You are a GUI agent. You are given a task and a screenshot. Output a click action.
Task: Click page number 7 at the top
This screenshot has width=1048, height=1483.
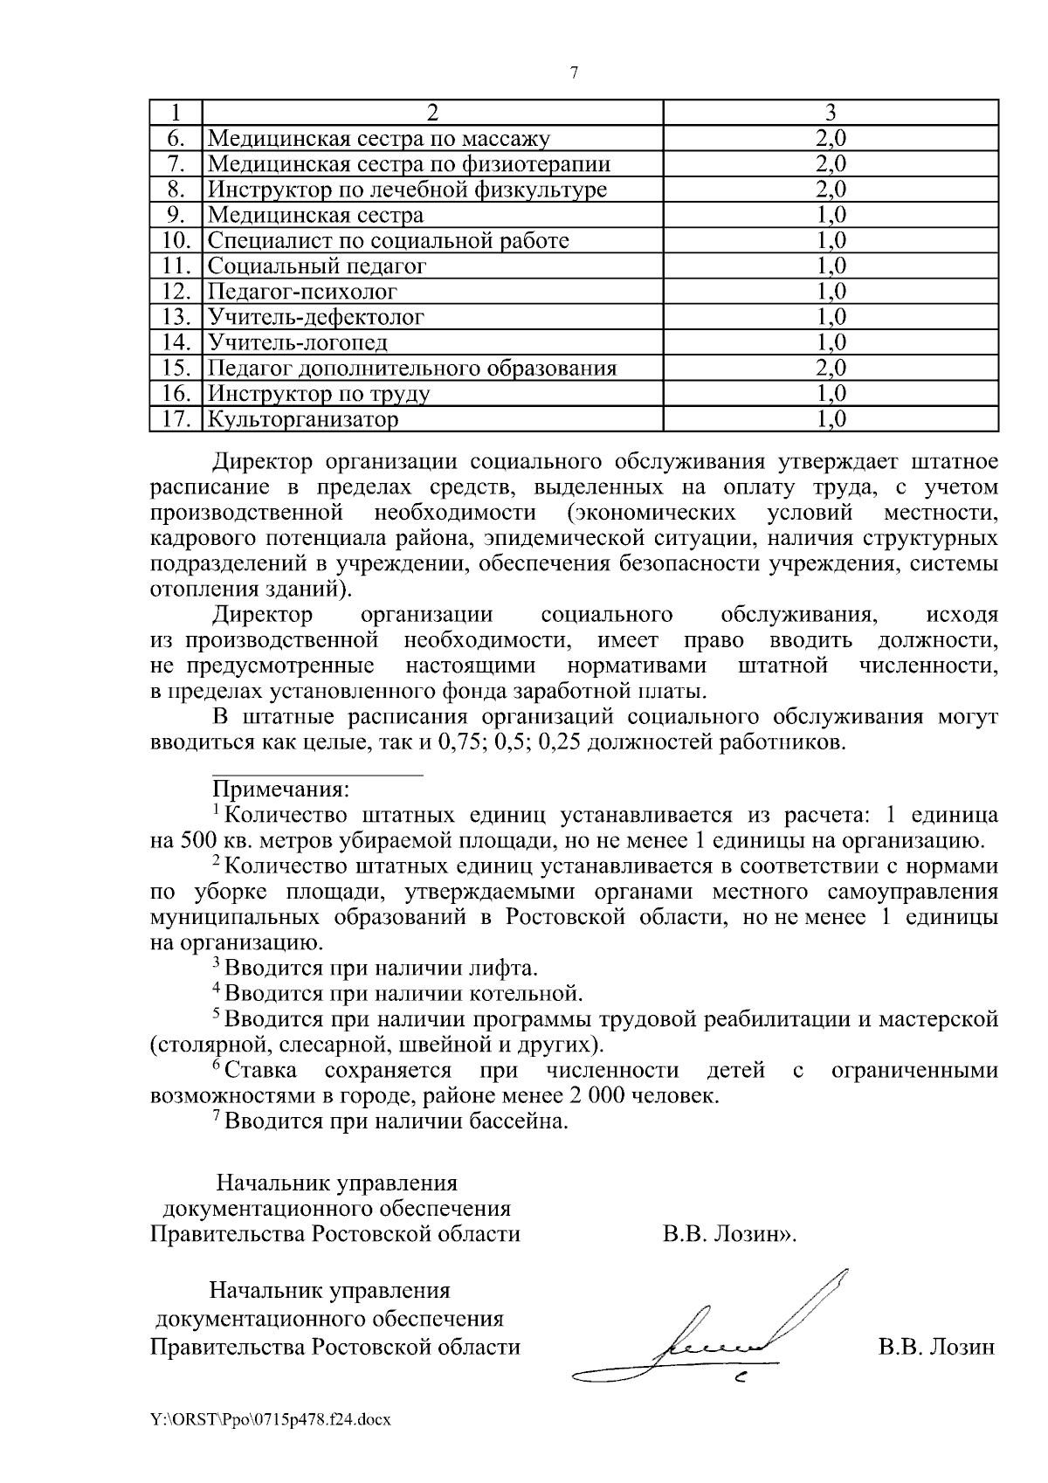[x=574, y=73]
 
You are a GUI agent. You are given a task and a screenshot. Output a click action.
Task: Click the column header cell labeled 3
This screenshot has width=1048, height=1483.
[x=831, y=112]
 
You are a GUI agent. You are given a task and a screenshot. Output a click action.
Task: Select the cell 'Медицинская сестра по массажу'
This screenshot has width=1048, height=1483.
[x=379, y=138]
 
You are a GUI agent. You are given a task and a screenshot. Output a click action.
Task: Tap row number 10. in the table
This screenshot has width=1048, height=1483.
[x=176, y=240]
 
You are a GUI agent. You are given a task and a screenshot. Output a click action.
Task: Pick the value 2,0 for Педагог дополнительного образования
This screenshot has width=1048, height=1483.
[x=831, y=368]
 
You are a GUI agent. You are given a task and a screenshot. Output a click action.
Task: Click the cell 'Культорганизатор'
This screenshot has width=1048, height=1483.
[x=302, y=419]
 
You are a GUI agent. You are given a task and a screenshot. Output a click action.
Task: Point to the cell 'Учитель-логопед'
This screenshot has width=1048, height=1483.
[x=297, y=342]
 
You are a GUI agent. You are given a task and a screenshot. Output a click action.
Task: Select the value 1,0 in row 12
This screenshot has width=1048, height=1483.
[x=831, y=291]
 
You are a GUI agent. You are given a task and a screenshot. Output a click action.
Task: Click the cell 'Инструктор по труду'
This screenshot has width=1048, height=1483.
[x=319, y=394]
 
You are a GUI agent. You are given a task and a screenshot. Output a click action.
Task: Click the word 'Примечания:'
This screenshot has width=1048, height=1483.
[x=281, y=790]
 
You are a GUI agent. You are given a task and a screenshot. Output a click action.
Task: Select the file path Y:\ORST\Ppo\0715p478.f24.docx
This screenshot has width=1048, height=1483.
[x=271, y=1420]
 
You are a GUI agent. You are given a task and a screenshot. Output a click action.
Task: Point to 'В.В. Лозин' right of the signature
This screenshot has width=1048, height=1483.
[x=936, y=1347]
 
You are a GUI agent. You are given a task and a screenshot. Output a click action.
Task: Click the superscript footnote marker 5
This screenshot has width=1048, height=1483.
[x=217, y=1014]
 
